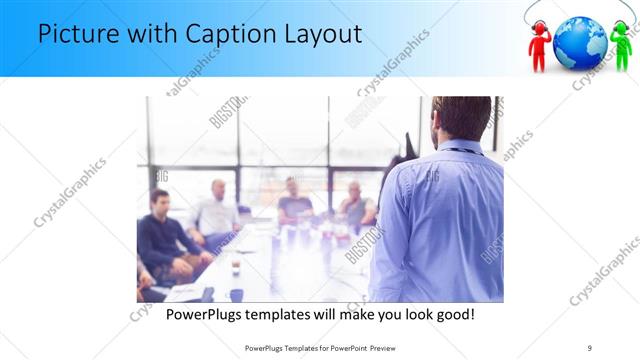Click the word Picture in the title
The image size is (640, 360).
[80, 35]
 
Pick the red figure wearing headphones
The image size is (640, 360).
[540, 45]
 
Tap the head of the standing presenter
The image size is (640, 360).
[461, 118]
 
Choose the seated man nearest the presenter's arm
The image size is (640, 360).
[354, 204]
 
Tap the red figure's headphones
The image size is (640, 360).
[540, 27]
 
